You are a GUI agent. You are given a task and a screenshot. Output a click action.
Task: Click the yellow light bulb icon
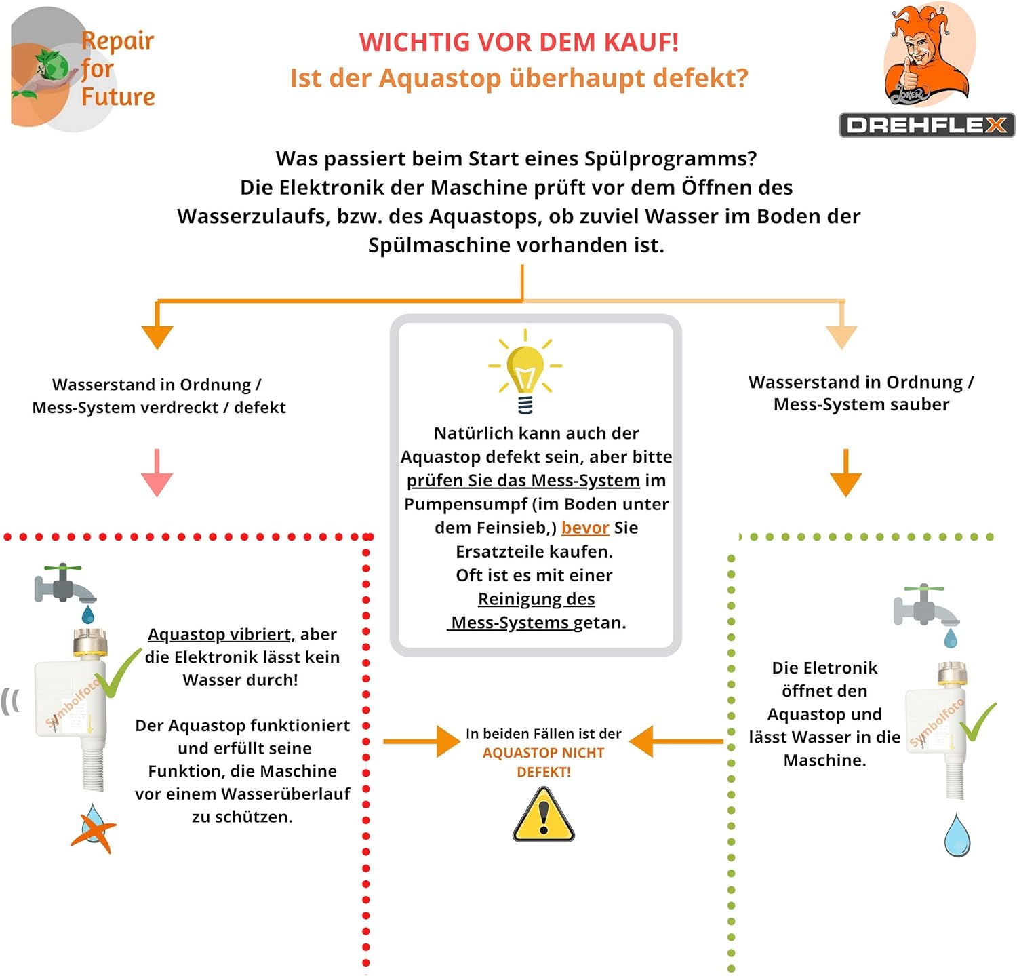(x=525, y=370)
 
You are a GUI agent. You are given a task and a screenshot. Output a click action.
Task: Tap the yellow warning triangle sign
(x=543, y=816)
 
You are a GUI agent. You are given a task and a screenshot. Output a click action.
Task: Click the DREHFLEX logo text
(x=927, y=125)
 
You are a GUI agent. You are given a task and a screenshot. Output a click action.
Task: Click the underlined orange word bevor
(x=585, y=528)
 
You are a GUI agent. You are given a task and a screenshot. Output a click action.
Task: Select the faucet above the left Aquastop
(x=64, y=585)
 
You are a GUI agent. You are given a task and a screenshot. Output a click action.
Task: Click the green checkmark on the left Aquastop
(x=117, y=674)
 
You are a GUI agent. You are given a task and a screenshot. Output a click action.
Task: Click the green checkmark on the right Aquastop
(x=978, y=722)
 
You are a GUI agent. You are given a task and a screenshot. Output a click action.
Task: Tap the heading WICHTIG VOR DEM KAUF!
(x=519, y=42)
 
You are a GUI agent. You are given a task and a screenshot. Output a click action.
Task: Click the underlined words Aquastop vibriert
(x=220, y=634)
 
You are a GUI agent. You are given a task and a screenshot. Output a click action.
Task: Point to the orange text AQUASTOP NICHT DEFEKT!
(x=543, y=762)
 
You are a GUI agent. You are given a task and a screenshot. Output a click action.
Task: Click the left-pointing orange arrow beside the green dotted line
(x=675, y=741)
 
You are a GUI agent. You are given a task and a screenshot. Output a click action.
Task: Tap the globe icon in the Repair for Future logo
(x=52, y=66)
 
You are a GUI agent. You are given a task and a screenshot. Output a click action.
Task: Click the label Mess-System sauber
(x=861, y=404)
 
